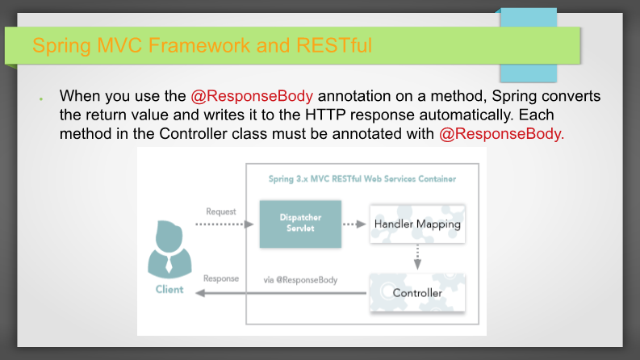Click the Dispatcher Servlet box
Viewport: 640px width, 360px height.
[x=300, y=224]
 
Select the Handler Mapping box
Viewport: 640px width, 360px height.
[x=417, y=224]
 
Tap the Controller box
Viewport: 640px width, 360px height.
[x=417, y=293]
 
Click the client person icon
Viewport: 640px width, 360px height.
[x=169, y=249]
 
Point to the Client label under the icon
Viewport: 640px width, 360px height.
[x=169, y=290]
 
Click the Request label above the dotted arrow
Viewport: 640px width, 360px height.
[x=221, y=211]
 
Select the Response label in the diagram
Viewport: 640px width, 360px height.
[x=221, y=278]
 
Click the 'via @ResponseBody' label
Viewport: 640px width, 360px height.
[x=300, y=280]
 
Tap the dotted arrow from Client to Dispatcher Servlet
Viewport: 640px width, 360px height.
[x=224, y=224]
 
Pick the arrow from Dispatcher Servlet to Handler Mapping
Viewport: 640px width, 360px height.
[x=354, y=224]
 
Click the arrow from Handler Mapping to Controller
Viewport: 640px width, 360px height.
[x=417, y=257]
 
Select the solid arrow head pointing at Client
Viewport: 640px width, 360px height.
[x=200, y=293]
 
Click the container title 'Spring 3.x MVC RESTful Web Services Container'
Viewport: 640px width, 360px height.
[x=362, y=178]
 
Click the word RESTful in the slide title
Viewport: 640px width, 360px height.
[x=334, y=45]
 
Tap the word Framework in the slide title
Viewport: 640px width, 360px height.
[x=199, y=45]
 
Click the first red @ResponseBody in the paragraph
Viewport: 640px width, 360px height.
[x=252, y=96]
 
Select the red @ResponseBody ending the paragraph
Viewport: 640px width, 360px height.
[x=502, y=134]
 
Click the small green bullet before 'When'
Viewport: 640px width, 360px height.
[x=41, y=98]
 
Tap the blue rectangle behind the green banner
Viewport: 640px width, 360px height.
[x=529, y=45]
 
